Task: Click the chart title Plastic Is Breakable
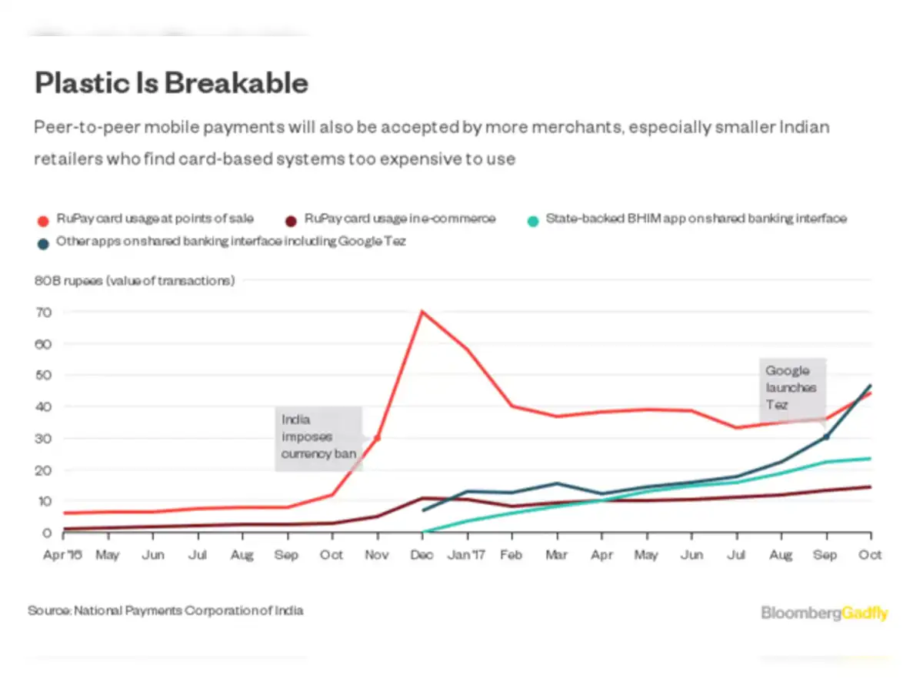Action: click(171, 83)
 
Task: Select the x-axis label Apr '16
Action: click(62, 554)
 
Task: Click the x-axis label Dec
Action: click(422, 554)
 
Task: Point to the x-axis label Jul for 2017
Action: click(737, 554)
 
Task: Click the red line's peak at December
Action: click(422, 312)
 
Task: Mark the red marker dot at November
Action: click(377, 438)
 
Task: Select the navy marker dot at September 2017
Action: click(826, 436)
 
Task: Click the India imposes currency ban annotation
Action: click(318, 436)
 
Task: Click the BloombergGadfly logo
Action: click(824, 613)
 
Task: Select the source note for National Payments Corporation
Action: click(165, 610)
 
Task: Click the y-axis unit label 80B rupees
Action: click(134, 281)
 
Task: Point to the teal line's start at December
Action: click(422, 532)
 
